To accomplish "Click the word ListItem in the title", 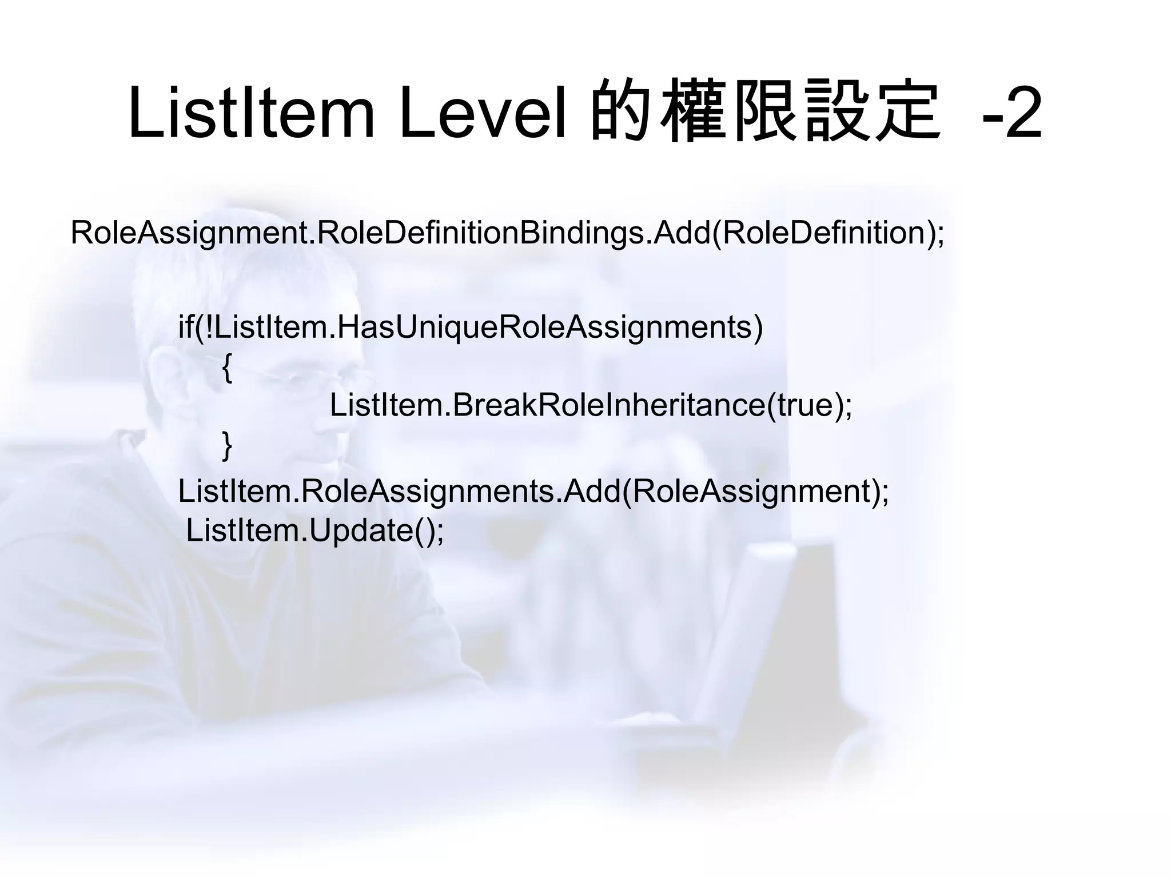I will [x=251, y=113].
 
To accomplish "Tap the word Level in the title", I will [x=484, y=113].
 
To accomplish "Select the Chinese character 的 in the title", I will [x=621, y=113].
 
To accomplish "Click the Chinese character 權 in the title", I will [x=692, y=113].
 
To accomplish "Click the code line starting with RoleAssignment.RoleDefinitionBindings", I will [x=507, y=233].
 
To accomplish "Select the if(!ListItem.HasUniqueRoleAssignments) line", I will [x=470, y=328].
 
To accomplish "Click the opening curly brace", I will [x=227, y=368].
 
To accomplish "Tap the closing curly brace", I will [x=227, y=445].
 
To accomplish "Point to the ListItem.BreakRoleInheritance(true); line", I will [x=591, y=405].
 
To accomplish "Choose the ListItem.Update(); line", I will [x=315, y=530].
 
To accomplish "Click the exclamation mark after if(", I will [x=210, y=328].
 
